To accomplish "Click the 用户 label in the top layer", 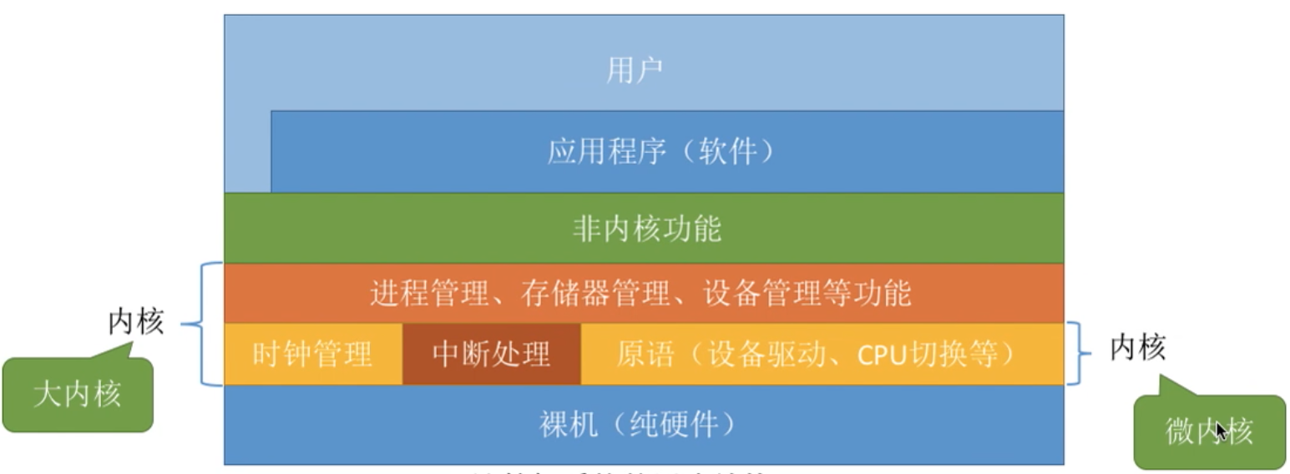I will pyautogui.click(x=634, y=71).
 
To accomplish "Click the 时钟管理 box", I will pyautogui.click(x=312, y=355).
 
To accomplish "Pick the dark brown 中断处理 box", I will pyautogui.click(x=491, y=355).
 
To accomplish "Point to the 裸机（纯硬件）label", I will pyautogui.click(x=639, y=426).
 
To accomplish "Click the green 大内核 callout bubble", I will pyautogui.click(x=78, y=395).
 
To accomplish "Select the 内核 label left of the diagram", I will pyautogui.click(x=136, y=322).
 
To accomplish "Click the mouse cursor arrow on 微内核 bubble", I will pyautogui.click(x=1222, y=429).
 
